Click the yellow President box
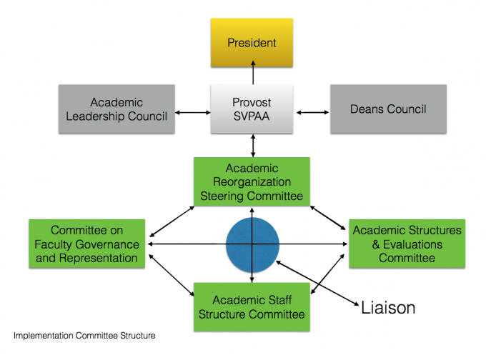[x=252, y=43]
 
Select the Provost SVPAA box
[x=252, y=109]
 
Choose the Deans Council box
[x=388, y=109]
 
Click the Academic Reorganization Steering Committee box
[x=252, y=182]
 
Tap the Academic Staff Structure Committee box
[x=252, y=306]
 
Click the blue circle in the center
[x=252, y=244]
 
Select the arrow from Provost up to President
[x=252, y=75]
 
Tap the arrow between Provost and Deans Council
[x=311, y=111]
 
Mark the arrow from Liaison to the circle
[x=314, y=283]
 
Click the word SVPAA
[x=252, y=117]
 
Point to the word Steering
[x=237, y=196]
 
